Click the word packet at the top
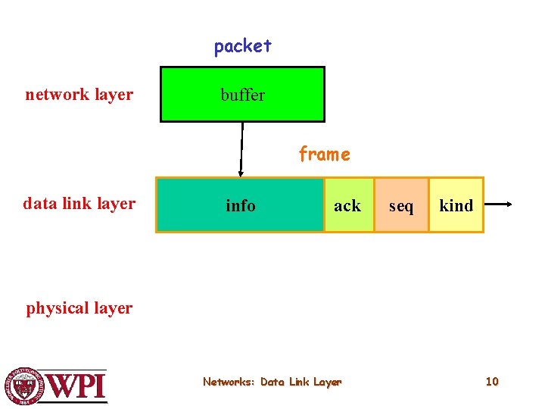coord(242,46)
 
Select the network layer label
coord(79,95)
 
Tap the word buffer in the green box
coord(242,95)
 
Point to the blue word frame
coord(324,155)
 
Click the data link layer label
coord(79,203)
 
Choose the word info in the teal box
coord(241,205)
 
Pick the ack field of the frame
coord(347,205)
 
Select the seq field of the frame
coord(401,205)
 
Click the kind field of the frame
coord(456,205)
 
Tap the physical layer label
coord(79,308)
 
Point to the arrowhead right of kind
coord(512,204)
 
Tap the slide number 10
coord(492,382)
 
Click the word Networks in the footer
coord(228,382)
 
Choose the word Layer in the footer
coord(328,382)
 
